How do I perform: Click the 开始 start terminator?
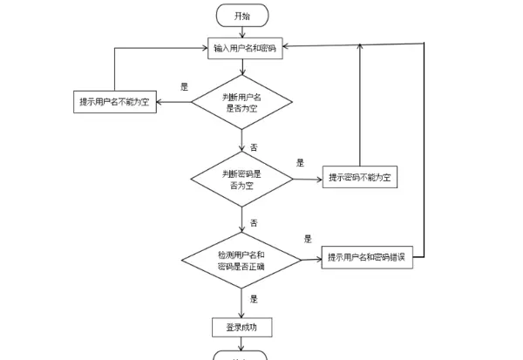pyautogui.click(x=242, y=15)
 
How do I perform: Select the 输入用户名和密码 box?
pyautogui.click(x=244, y=48)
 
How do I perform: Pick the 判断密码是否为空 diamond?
pyautogui.click(x=241, y=178)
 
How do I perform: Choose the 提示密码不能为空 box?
pyautogui.click(x=360, y=178)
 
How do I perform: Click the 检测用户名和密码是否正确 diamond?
pyautogui.click(x=241, y=259)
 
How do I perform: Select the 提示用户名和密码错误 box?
pyautogui.click(x=368, y=257)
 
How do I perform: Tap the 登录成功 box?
pyautogui.click(x=241, y=328)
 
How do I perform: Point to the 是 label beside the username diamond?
pyautogui.click(x=184, y=86)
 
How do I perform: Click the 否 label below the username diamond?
pyautogui.click(x=254, y=147)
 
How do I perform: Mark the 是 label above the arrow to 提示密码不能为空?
pyautogui.click(x=300, y=162)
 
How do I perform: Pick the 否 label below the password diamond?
pyautogui.click(x=254, y=223)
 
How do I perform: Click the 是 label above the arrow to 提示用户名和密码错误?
pyautogui.click(x=308, y=238)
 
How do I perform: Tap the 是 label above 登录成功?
pyautogui.click(x=254, y=299)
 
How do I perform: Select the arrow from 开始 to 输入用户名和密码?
pyautogui.click(x=242, y=32)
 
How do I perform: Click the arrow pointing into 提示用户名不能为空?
pyautogui.click(x=175, y=102)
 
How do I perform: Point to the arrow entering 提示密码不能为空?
pyautogui.click(x=307, y=179)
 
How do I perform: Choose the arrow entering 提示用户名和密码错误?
pyautogui.click(x=311, y=259)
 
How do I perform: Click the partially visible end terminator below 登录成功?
pyautogui.click(x=241, y=356)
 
